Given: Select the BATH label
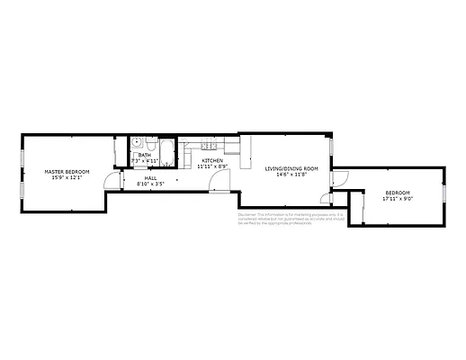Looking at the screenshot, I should [144, 155].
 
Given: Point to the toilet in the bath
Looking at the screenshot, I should [150, 143].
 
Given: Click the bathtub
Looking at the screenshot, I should [168, 147].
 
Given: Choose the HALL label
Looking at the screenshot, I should [151, 178].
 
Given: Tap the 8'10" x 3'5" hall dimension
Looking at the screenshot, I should [151, 184].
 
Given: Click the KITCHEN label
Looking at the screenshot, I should [212, 160].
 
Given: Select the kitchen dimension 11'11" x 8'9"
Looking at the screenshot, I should [212, 166].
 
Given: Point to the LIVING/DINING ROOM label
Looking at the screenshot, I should [291, 168].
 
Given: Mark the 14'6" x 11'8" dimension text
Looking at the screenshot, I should [291, 174].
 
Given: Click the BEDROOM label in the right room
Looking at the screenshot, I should [398, 193].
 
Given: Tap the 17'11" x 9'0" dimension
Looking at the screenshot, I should [398, 198].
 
